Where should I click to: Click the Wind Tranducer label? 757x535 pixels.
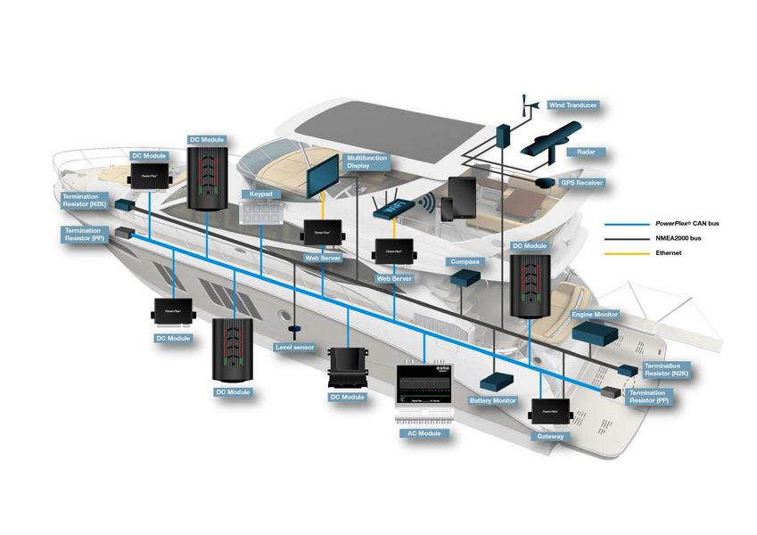pyautogui.click(x=572, y=105)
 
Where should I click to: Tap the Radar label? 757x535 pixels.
pyautogui.click(x=586, y=152)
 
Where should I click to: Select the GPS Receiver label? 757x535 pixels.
pyautogui.click(x=581, y=183)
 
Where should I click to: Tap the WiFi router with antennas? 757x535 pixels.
pyautogui.click(x=389, y=208)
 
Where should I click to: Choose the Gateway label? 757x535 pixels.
pyautogui.click(x=550, y=437)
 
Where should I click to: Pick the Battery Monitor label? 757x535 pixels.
pyautogui.click(x=493, y=400)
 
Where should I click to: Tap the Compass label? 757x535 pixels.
pyautogui.click(x=465, y=262)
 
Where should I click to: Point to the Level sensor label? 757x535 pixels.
pyautogui.click(x=294, y=347)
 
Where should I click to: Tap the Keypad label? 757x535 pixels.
pyautogui.click(x=257, y=193)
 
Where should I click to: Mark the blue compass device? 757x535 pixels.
pyautogui.click(x=465, y=278)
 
